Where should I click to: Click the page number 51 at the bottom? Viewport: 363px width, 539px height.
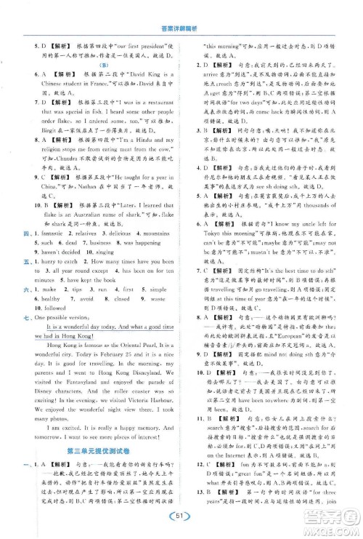click(x=181, y=518)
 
